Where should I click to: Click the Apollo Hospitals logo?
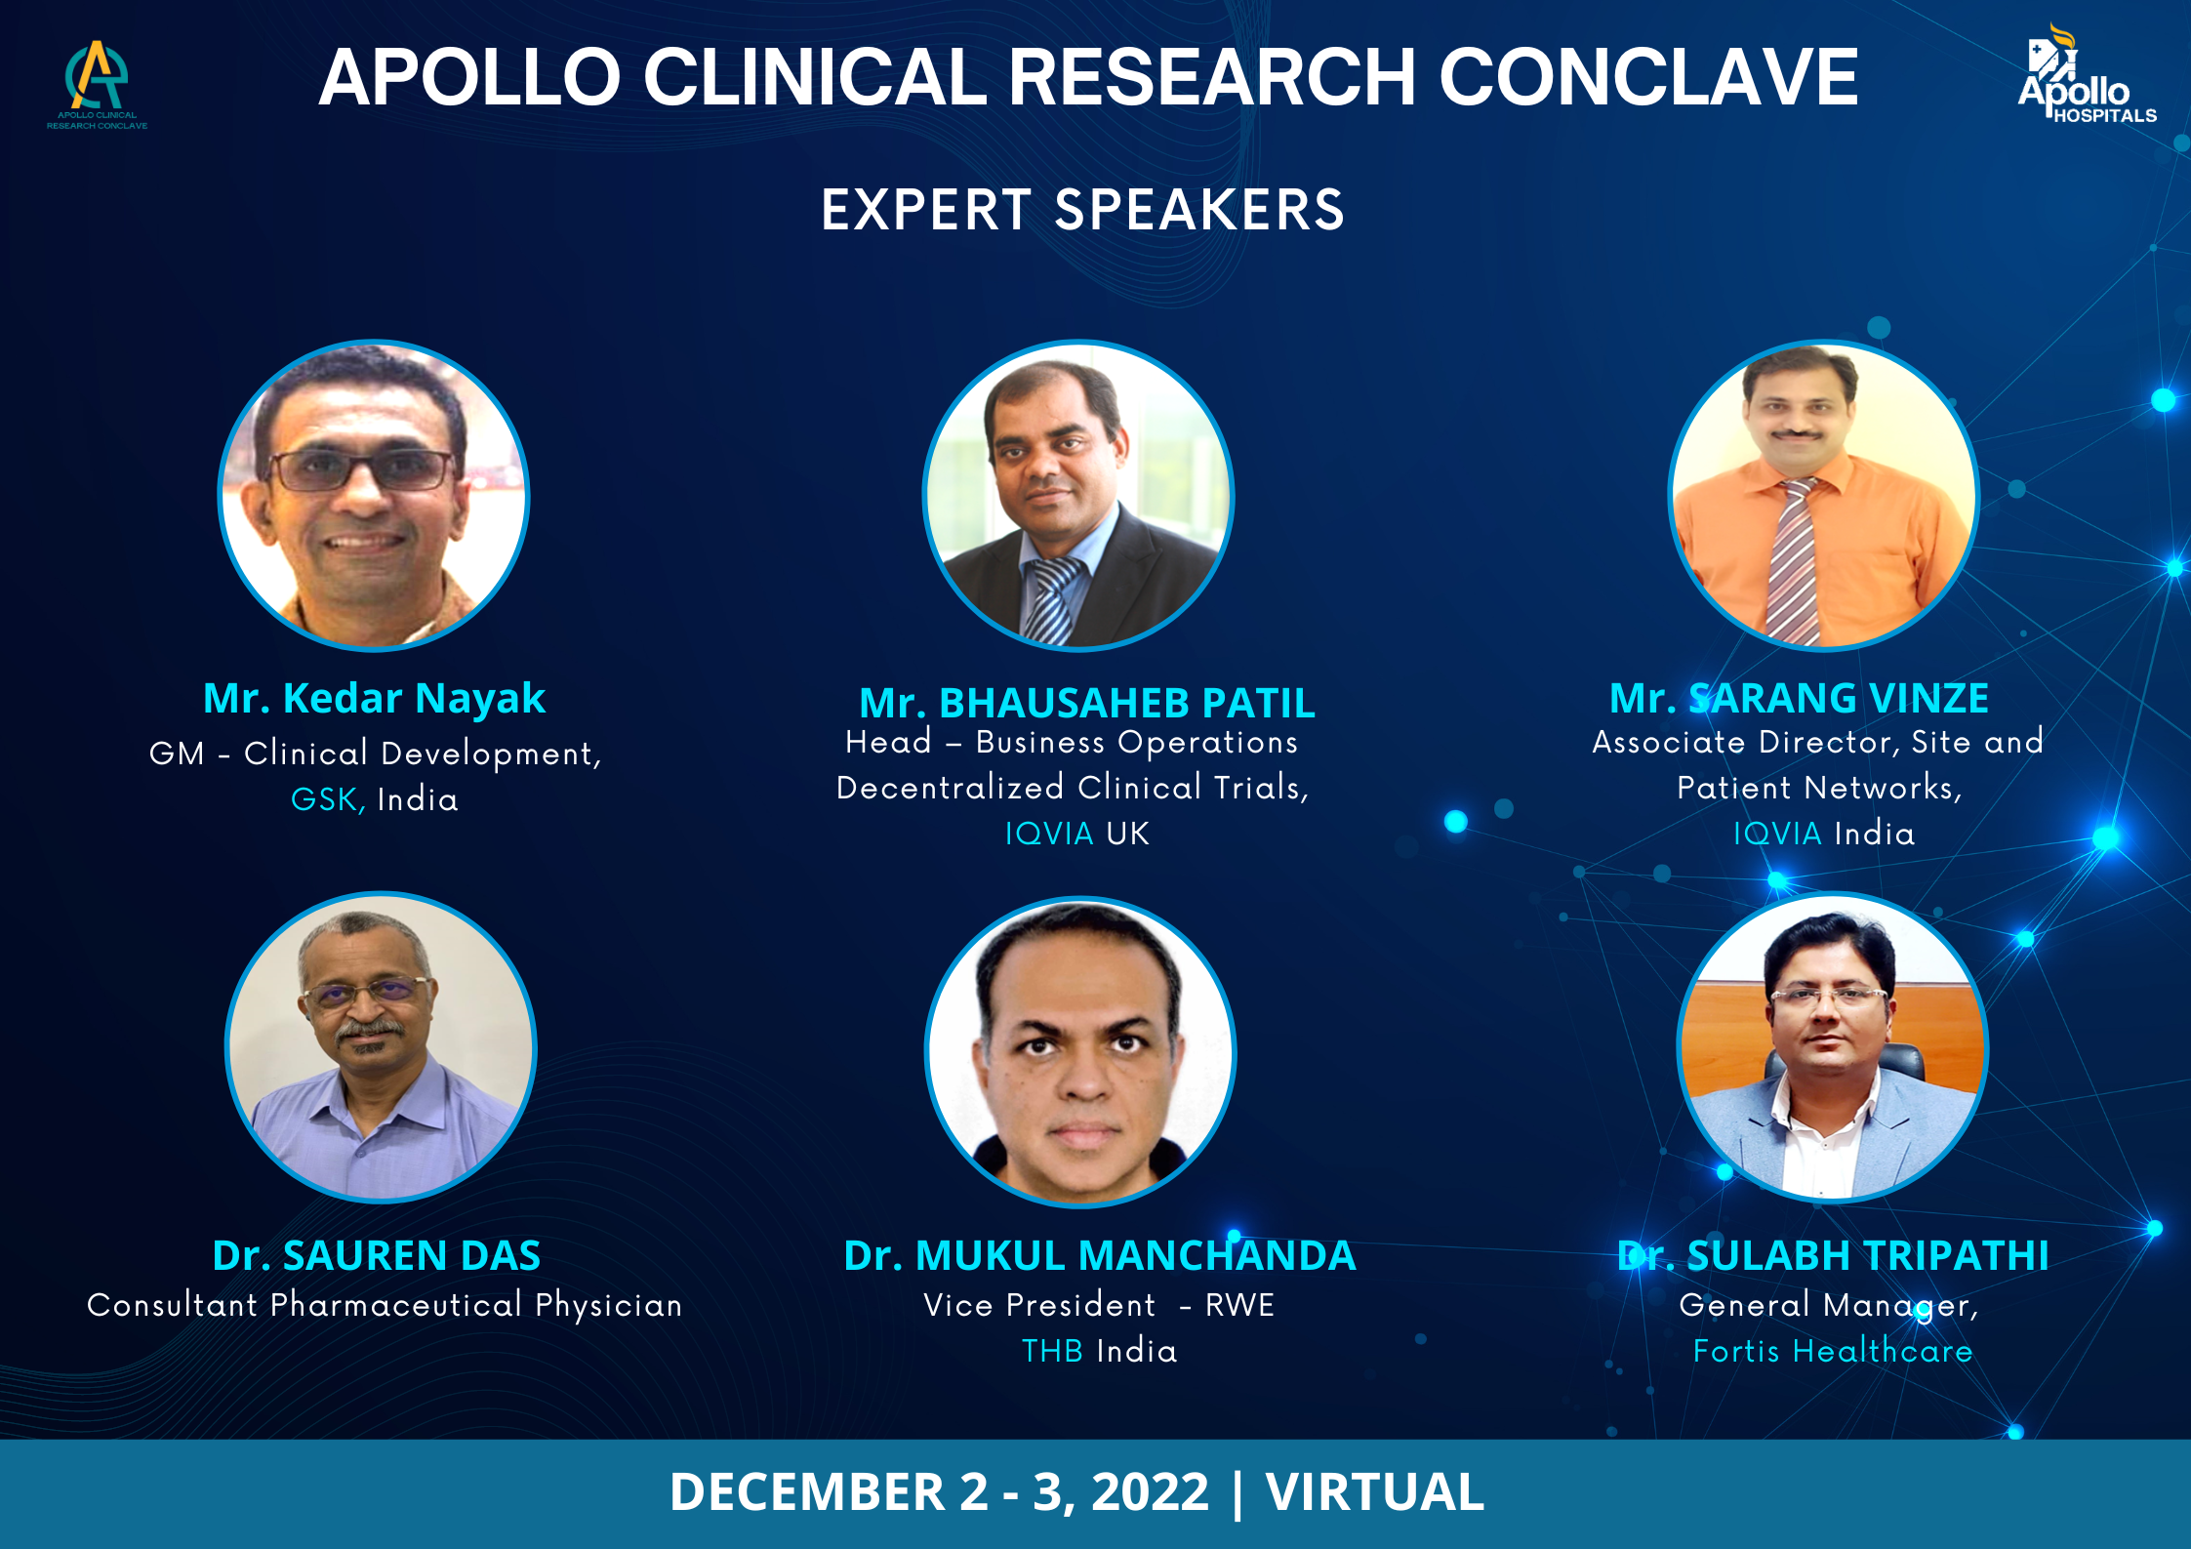pyautogui.click(x=2087, y=74)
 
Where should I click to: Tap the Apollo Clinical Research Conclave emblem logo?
pyautogui.click(x=97, y=84)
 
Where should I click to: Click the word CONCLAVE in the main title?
pyautogui.click(x=1648, y=77)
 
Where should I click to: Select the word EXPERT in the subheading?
pyautogui.click(x=926, y=210)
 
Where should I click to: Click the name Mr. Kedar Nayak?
pyautogui.click(x=374, y=698)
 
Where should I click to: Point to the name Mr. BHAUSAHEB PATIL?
pyautogui.click(x=1087, y=703)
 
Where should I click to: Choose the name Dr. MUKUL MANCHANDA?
pyautogui.click(x=1100, y=1255)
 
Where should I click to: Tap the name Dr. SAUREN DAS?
pyautogui.click(x=376, y=1255)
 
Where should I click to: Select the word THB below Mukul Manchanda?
pyautogui.click(x=1052, y=1351)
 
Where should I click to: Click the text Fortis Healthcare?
pyautogui.click(x=1833, y=1351)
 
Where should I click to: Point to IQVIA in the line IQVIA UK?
pyautogui.click(x=1049, y=834)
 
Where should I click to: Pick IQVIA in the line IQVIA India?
pyautogui.click(x=1777, y=834)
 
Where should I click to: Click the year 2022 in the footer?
pyautogui.click(x=1150, y=1491)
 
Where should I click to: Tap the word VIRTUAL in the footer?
pyautogui.click(x=1375, y=1491)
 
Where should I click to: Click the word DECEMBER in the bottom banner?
pyautogui.click(x=808, y=1491)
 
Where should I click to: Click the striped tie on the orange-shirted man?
pyautogui.click(x=1794, y=561)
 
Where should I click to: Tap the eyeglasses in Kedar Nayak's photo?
pyautogui.click(x=363, y=470)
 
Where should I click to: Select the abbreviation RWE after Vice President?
pyautogui.click(x=1239, y=1305)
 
